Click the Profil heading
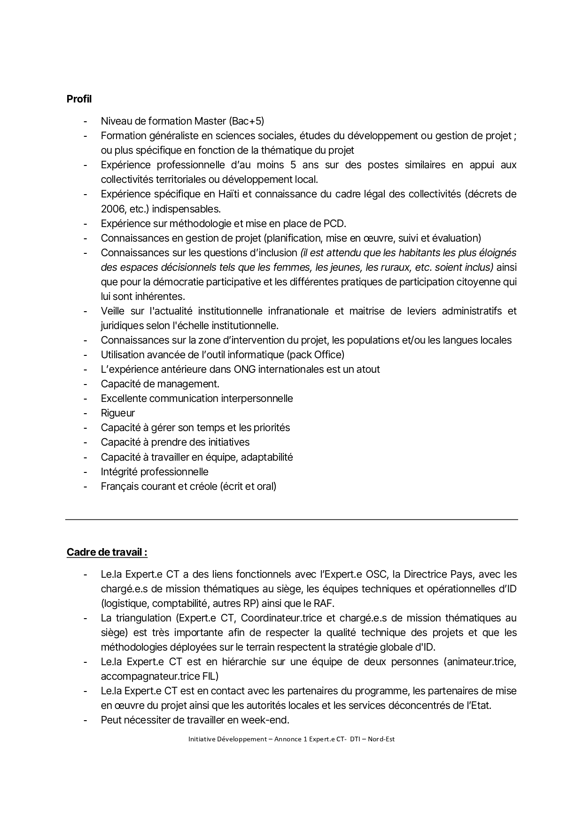79,99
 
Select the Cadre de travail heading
107,552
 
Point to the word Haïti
228,194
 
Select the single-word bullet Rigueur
117,413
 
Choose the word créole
202,486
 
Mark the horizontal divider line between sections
291,519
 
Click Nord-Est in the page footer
381,739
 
